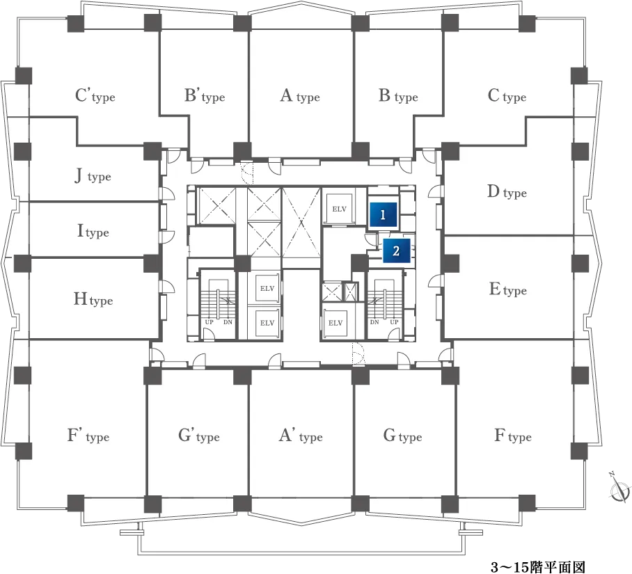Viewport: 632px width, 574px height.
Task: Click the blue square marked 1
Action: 383,214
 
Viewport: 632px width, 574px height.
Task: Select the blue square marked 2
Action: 396,250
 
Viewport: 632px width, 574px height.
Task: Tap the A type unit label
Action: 300,96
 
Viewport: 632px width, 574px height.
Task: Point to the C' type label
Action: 95,96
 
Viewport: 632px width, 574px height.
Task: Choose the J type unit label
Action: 93,176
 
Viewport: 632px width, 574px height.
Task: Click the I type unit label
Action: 93,231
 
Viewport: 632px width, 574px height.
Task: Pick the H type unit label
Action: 93,299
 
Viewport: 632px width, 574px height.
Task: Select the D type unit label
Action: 507,192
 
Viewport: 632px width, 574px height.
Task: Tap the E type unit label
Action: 508,289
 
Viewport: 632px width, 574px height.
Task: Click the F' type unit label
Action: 88,436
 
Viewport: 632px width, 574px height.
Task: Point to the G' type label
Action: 198,436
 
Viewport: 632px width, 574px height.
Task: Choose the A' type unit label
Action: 301,436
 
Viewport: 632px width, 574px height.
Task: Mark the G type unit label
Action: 403,436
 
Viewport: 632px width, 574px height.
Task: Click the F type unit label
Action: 513,436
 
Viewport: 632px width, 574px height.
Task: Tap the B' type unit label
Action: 205,96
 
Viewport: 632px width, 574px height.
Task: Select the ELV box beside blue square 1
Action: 340,209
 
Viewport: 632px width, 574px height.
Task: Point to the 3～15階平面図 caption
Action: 537,567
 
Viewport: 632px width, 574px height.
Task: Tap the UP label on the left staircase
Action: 210,322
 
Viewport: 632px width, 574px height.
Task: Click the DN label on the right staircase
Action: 374,322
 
